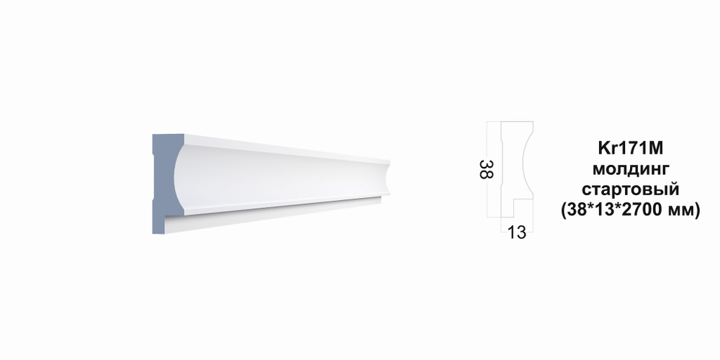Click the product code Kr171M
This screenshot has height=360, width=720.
(x=631, y=148)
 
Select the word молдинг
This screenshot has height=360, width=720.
(x=631, y=169)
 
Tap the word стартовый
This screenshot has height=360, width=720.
(x=631, y=189)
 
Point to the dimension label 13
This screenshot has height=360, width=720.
(x=516, y=233)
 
